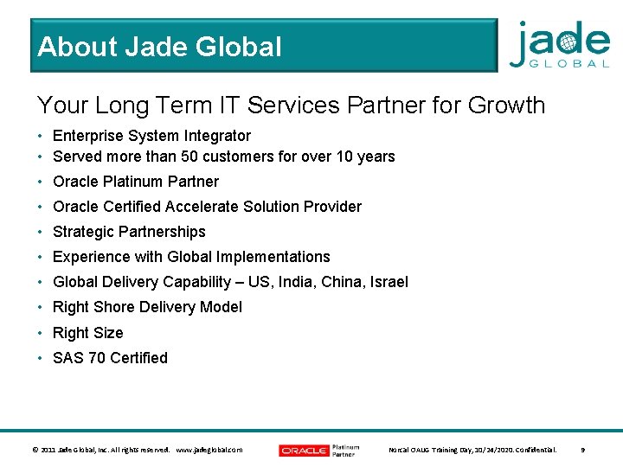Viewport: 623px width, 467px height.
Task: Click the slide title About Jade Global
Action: click(160, 47)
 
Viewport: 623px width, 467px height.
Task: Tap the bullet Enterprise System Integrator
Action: click(151, 136)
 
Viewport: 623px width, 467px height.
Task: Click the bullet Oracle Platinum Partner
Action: click(136, 182)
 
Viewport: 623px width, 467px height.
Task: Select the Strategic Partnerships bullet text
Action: click(129, 232)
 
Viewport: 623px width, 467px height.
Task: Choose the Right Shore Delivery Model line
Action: click(147, 307)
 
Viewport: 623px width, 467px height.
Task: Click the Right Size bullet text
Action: click(88, 333)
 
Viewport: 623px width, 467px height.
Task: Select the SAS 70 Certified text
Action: click(110, 358)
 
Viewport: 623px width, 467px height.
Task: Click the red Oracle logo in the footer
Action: click(304, 450)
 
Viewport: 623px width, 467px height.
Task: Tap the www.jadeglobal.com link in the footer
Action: click(209, 450)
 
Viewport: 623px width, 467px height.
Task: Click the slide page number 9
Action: click(582, 450)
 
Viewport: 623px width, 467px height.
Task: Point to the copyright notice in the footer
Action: click(100, 450)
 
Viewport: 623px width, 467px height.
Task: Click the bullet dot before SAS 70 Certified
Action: click(41, 358)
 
